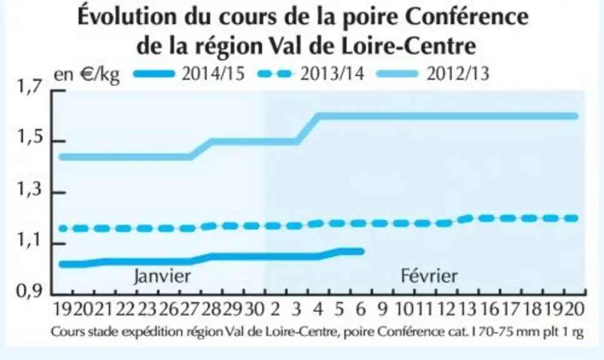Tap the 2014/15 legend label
(213, 73)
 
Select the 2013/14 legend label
(332, 73)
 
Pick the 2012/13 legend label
(458, 73)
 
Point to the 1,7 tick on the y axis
(29, 87)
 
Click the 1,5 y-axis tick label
(29, 138)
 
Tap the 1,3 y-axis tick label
(29, 189)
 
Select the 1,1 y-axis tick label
(29, 241)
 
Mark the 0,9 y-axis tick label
(29, 291)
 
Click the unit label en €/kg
(87, 74)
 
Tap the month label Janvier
(162, 276)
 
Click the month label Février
(429, 276)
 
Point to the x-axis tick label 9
(382, 309)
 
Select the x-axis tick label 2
(274, 309)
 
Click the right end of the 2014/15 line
(361, 251)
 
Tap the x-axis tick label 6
(361, 309)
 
